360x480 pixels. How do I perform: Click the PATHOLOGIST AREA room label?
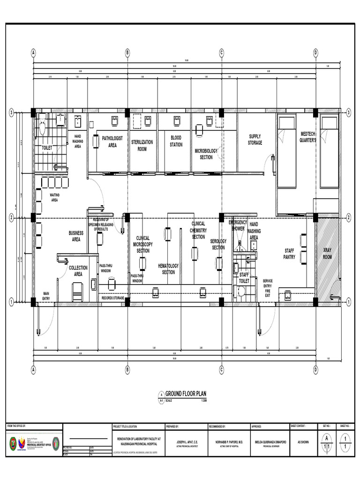(112, 142)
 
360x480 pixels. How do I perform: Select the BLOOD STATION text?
(176, 141)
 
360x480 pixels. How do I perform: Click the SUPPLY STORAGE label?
(255, 140)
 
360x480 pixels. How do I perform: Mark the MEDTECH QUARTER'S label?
(308, 137)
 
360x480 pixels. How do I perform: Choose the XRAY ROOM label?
(327, 254)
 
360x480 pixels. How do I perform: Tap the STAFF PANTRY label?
(289, 254)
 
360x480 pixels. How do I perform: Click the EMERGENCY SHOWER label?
(238, 225)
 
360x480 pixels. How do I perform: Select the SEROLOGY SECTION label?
(218, 244)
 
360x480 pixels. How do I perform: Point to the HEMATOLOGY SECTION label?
(168, 269)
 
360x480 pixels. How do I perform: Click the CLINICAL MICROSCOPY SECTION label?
(143, 244)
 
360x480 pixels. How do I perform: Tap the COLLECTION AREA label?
(78, 270)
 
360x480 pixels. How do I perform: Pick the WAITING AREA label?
(54, 197)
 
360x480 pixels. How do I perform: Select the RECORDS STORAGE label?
(113, 298)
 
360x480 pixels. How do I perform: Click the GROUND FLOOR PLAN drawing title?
(185, 395)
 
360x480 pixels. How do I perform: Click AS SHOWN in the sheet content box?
(302, 442)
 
